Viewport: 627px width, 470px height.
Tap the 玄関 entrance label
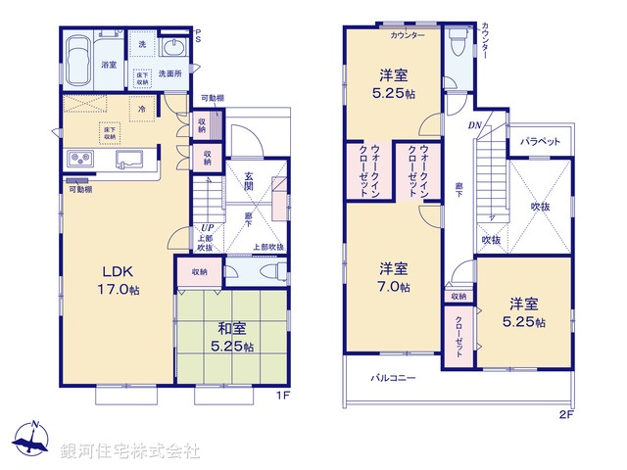pos(250,182)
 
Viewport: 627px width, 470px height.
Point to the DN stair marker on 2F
pos(474,125)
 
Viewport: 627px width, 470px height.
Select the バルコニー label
pos(393,377)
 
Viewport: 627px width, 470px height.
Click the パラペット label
pos(541,142)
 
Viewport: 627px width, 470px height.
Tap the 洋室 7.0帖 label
pos(394,277)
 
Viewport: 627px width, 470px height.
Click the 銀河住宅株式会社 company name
pos(130,451)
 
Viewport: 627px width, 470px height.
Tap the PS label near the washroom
pos(197,36)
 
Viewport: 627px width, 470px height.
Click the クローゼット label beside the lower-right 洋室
pos(458,336)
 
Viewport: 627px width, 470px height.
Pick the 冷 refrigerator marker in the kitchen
pos(143,109)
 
